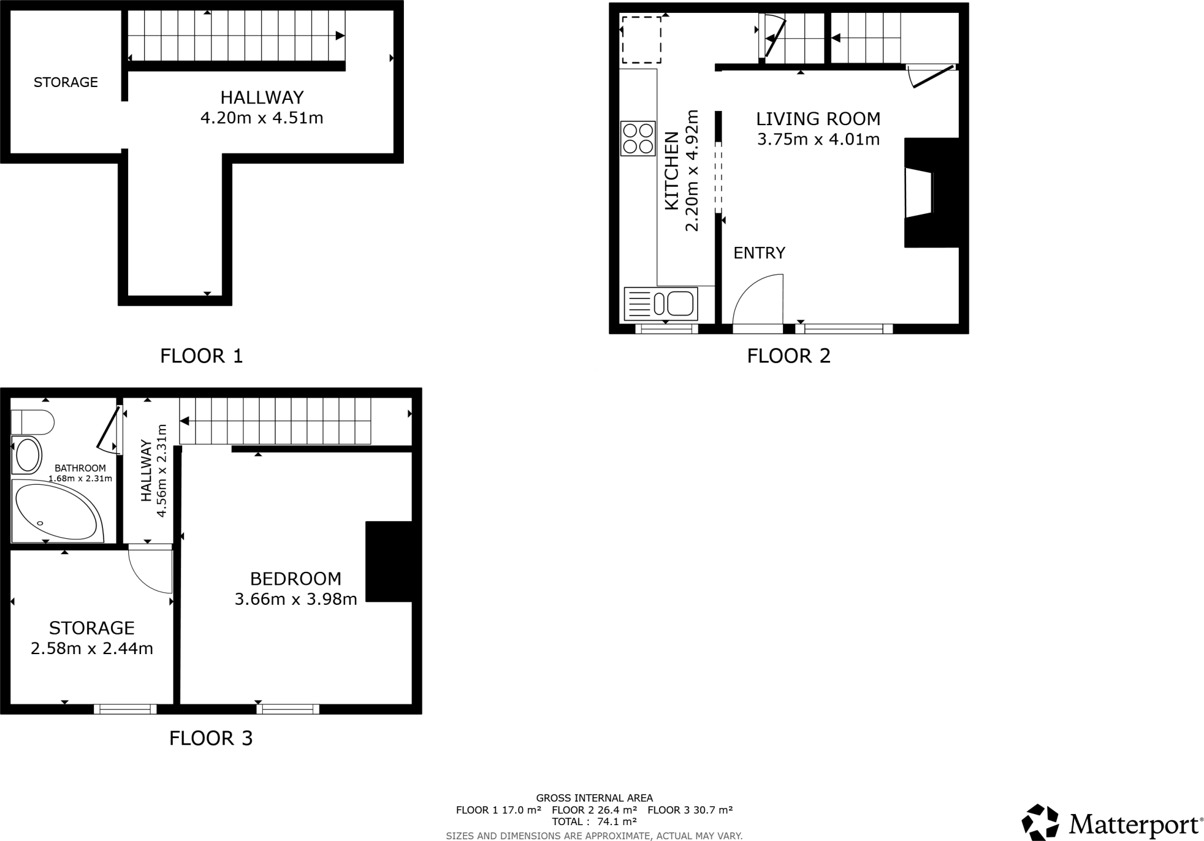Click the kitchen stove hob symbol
pyautogui.click(x=638, y=139)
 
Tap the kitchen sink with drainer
pyautogui.click(x=661, y=304)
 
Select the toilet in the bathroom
pyautogui.click(x=33, y=422)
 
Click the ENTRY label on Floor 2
pyautogui.click(x=759, y=253)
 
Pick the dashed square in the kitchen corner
pyautogui.click(x=641, y=39)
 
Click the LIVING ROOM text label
pyautogui.click(x=818, y=119)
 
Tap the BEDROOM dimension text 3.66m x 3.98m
pyautogui.click(x=296, y=599)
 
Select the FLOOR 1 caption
pyautogui.click(x=201, y=356)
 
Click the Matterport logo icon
pyautogui.click(x=1040, y=822)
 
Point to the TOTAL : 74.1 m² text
pyautogui.click(x=594, y=822)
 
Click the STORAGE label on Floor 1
pyautogui.click(x=65, y=82)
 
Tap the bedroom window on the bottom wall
pyautogui.click(x=287, y=709)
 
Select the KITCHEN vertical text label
pyautogui.click(x=671, y=170)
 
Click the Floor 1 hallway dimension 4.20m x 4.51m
pyautogui.click(x=262, y=118)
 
